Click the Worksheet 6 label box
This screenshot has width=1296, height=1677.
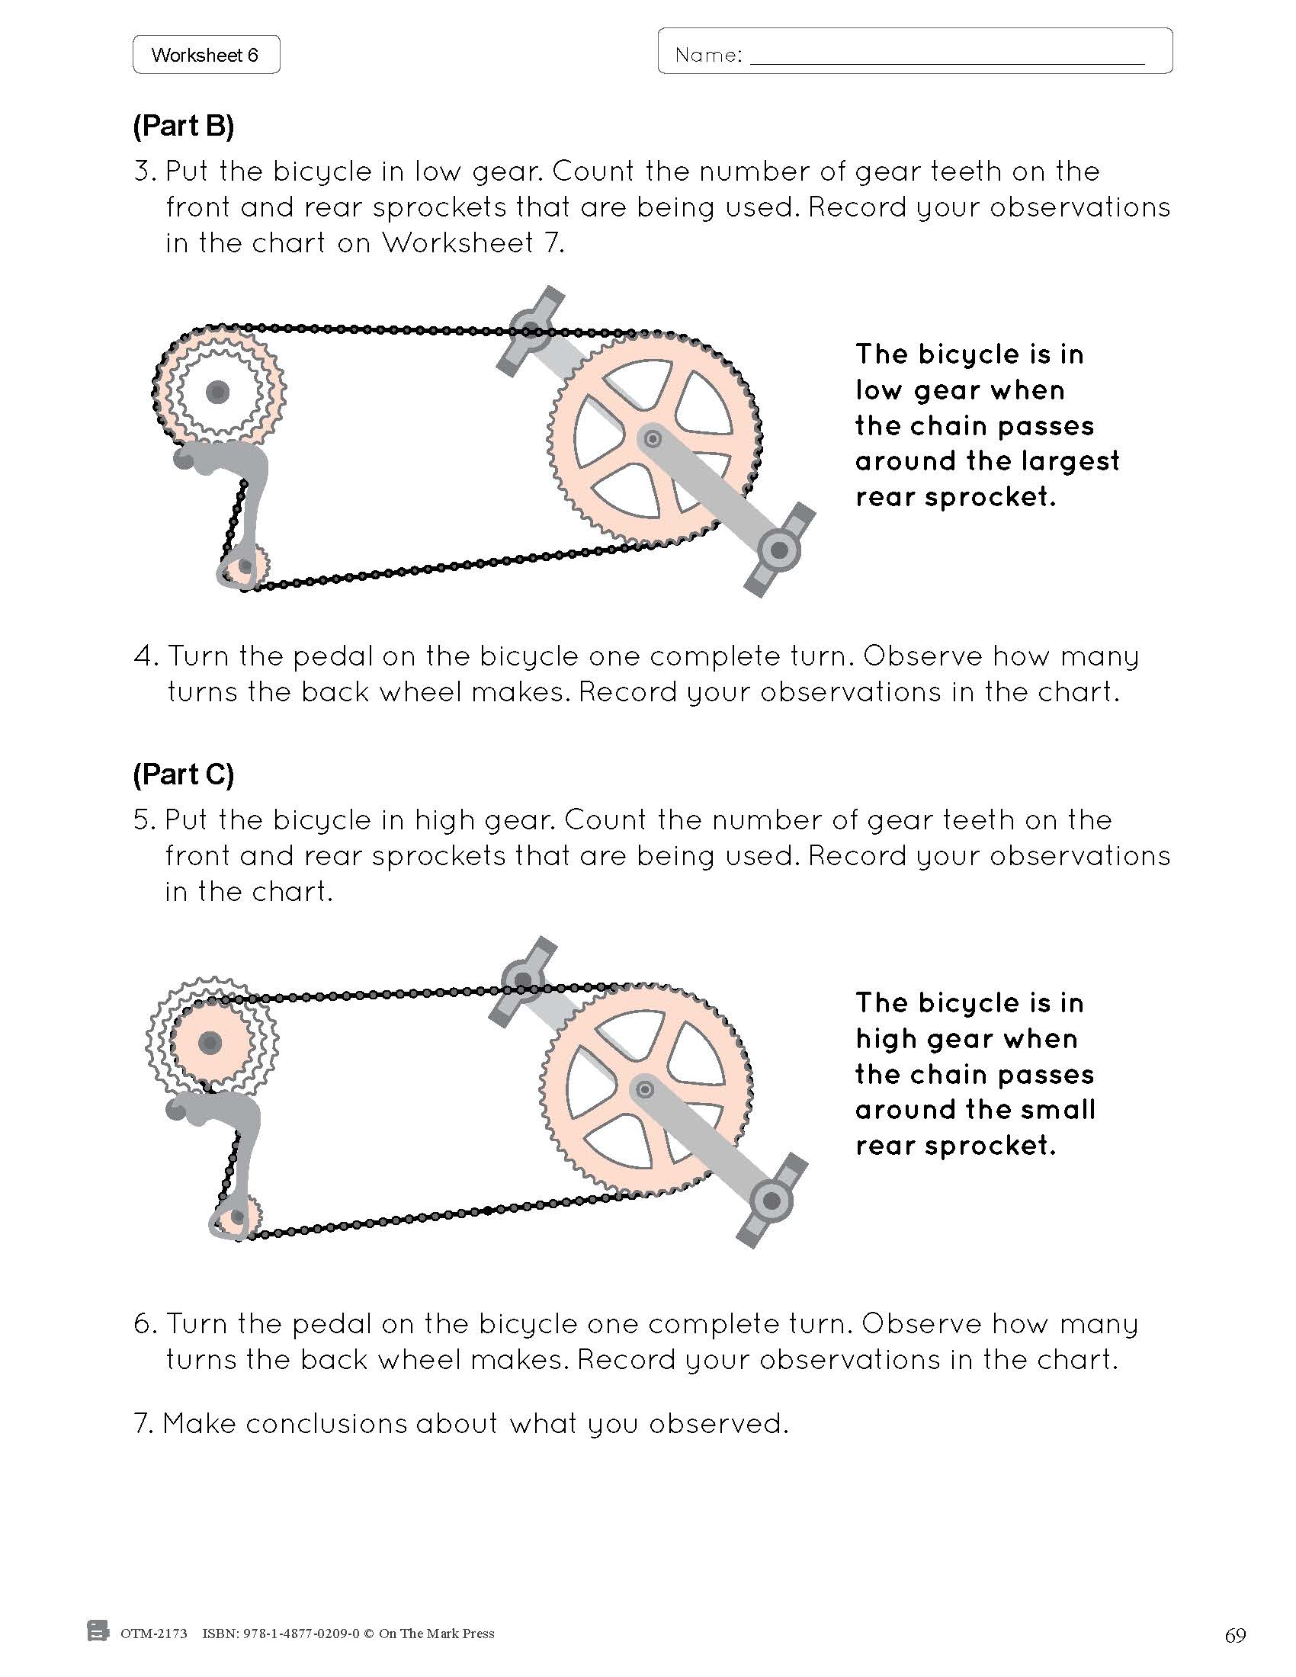(205, 55)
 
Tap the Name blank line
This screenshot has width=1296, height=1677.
(946, 62)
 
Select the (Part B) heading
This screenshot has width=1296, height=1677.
(184, 126)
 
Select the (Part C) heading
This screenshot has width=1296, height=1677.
(184, 774)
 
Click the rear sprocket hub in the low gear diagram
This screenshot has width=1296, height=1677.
(217, 393)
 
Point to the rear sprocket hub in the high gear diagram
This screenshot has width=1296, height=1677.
(210, 1043)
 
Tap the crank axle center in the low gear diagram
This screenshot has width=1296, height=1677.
(653, 439)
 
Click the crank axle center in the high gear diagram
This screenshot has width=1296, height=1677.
(645, 1089)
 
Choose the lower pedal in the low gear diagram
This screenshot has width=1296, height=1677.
(779, 549)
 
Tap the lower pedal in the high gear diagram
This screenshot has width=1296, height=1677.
(772, 1199)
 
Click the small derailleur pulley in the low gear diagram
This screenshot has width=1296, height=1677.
(245, 566)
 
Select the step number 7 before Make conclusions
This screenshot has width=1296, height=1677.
(143, 1425)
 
